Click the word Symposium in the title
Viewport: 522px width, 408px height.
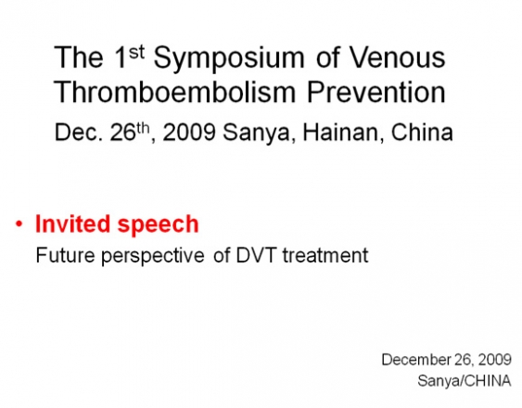tap(229, 59)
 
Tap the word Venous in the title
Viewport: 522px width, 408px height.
tap(398, 57)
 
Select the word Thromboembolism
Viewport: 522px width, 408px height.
tap(175, 92)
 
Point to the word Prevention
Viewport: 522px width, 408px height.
tap(376, 92)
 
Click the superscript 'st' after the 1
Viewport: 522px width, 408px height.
tap(136, 52)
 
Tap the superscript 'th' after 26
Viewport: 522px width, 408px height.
tap(143, 128)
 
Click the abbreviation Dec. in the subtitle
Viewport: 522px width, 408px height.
tap(79, 133)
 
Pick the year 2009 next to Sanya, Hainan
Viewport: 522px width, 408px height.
tap(189, 133)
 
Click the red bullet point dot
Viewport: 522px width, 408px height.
tap(19, 223)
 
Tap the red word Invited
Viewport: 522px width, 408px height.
tap(72, 223)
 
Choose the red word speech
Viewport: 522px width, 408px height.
tap(159, 223)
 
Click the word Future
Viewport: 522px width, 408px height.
tap(65, 255)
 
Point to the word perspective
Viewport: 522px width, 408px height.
tap(153, 256)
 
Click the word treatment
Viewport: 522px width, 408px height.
tap(325, 256)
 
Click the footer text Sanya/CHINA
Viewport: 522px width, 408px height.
tap(465, 381)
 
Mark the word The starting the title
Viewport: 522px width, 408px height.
tap(79, 57)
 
